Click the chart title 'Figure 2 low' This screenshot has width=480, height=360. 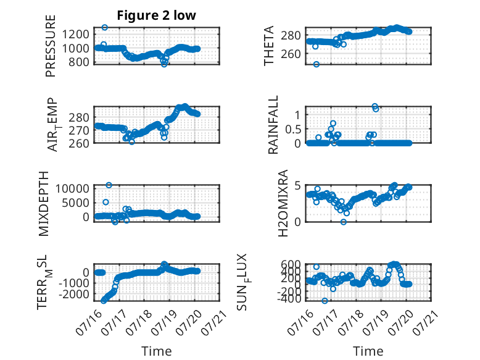pyautogui.click(x=156, y=15)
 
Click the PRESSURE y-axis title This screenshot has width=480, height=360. pyautogui.click(x=51, y=46)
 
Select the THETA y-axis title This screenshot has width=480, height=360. pyautogui.click(x=269, y=46)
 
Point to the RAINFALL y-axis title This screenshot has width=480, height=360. pyautogui.click(x=273, y=124)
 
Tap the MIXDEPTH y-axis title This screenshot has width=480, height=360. pyautogui.click(x=44, y=204)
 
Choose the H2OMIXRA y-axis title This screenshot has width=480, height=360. pyautogui.click(x=283, y=203)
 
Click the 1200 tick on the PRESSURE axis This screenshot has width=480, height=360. pyautogui.click(x=75, y=34)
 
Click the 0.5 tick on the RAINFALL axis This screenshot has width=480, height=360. pyautogui.click(x=293, y=129)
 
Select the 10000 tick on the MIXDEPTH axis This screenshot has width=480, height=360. pyautogui.click(x=72, y=188)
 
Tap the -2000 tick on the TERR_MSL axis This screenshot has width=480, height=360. pyautogui.click(x=73, y=295)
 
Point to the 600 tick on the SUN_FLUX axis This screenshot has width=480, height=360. pyautogui.click(x=291, y=264)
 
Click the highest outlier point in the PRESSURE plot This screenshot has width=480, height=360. pyautogui.click(x=105, y=28)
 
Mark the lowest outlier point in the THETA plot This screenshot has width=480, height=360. pyautogui.click(x=317, y=64)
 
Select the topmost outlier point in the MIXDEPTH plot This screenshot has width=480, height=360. pyautogui.click(x=109, y=185)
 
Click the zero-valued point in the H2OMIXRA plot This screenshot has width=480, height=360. pyautogui.click(x=344, y=222)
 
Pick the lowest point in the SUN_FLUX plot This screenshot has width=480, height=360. pyautogui.click(x=325, y=301)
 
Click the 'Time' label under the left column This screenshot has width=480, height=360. pyautogui.click(x=157, y=351)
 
